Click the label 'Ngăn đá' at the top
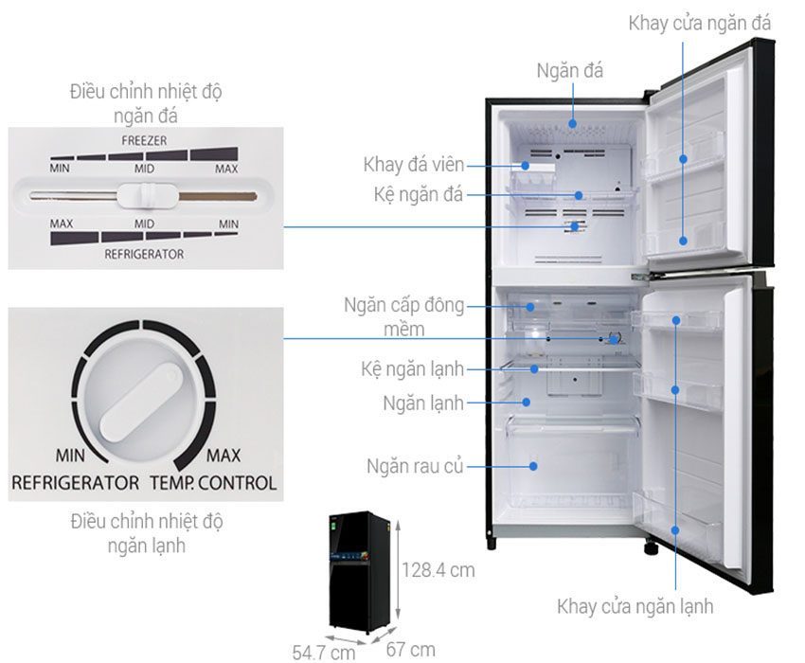tap(569, 71)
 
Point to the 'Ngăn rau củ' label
tap(415, 466)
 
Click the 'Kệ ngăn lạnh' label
tap(412, 367)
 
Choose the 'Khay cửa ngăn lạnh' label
tap(635, 606)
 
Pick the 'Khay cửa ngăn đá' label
tap(700, 23)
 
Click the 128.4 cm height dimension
tap(438, 570)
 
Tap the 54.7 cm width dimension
tap(323, 652)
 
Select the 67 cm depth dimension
tap(410, 649)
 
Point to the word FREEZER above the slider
tap(144, 140)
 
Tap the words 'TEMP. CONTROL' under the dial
tap(213, 483)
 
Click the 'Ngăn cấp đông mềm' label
tap(404, 317)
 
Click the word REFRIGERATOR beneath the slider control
tap(144, 254)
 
